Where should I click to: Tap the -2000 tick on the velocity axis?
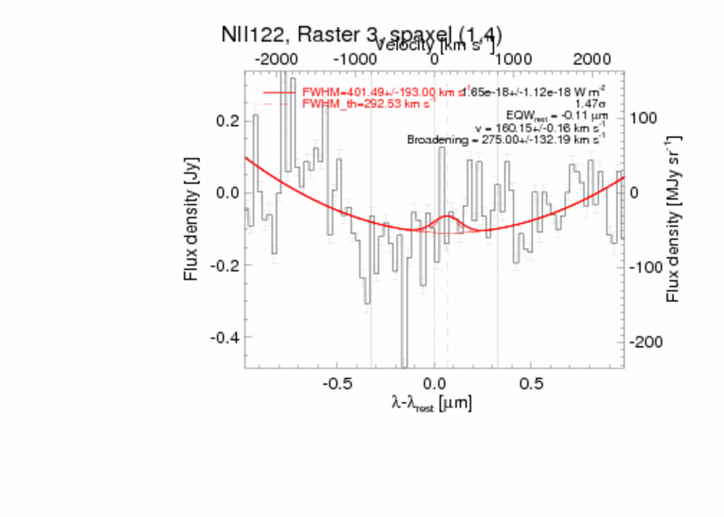(x=276, y=59)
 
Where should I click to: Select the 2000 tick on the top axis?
(x=592, y=59)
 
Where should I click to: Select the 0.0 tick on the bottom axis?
(x=434, y=382)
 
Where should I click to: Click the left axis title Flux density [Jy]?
(x=191, y=219)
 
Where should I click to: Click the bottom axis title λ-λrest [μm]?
(x=432, y=403)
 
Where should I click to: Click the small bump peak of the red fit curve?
(x=448, y=216)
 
